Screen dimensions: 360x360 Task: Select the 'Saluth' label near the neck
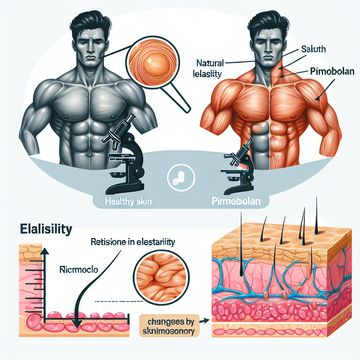(x=314, y=49)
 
